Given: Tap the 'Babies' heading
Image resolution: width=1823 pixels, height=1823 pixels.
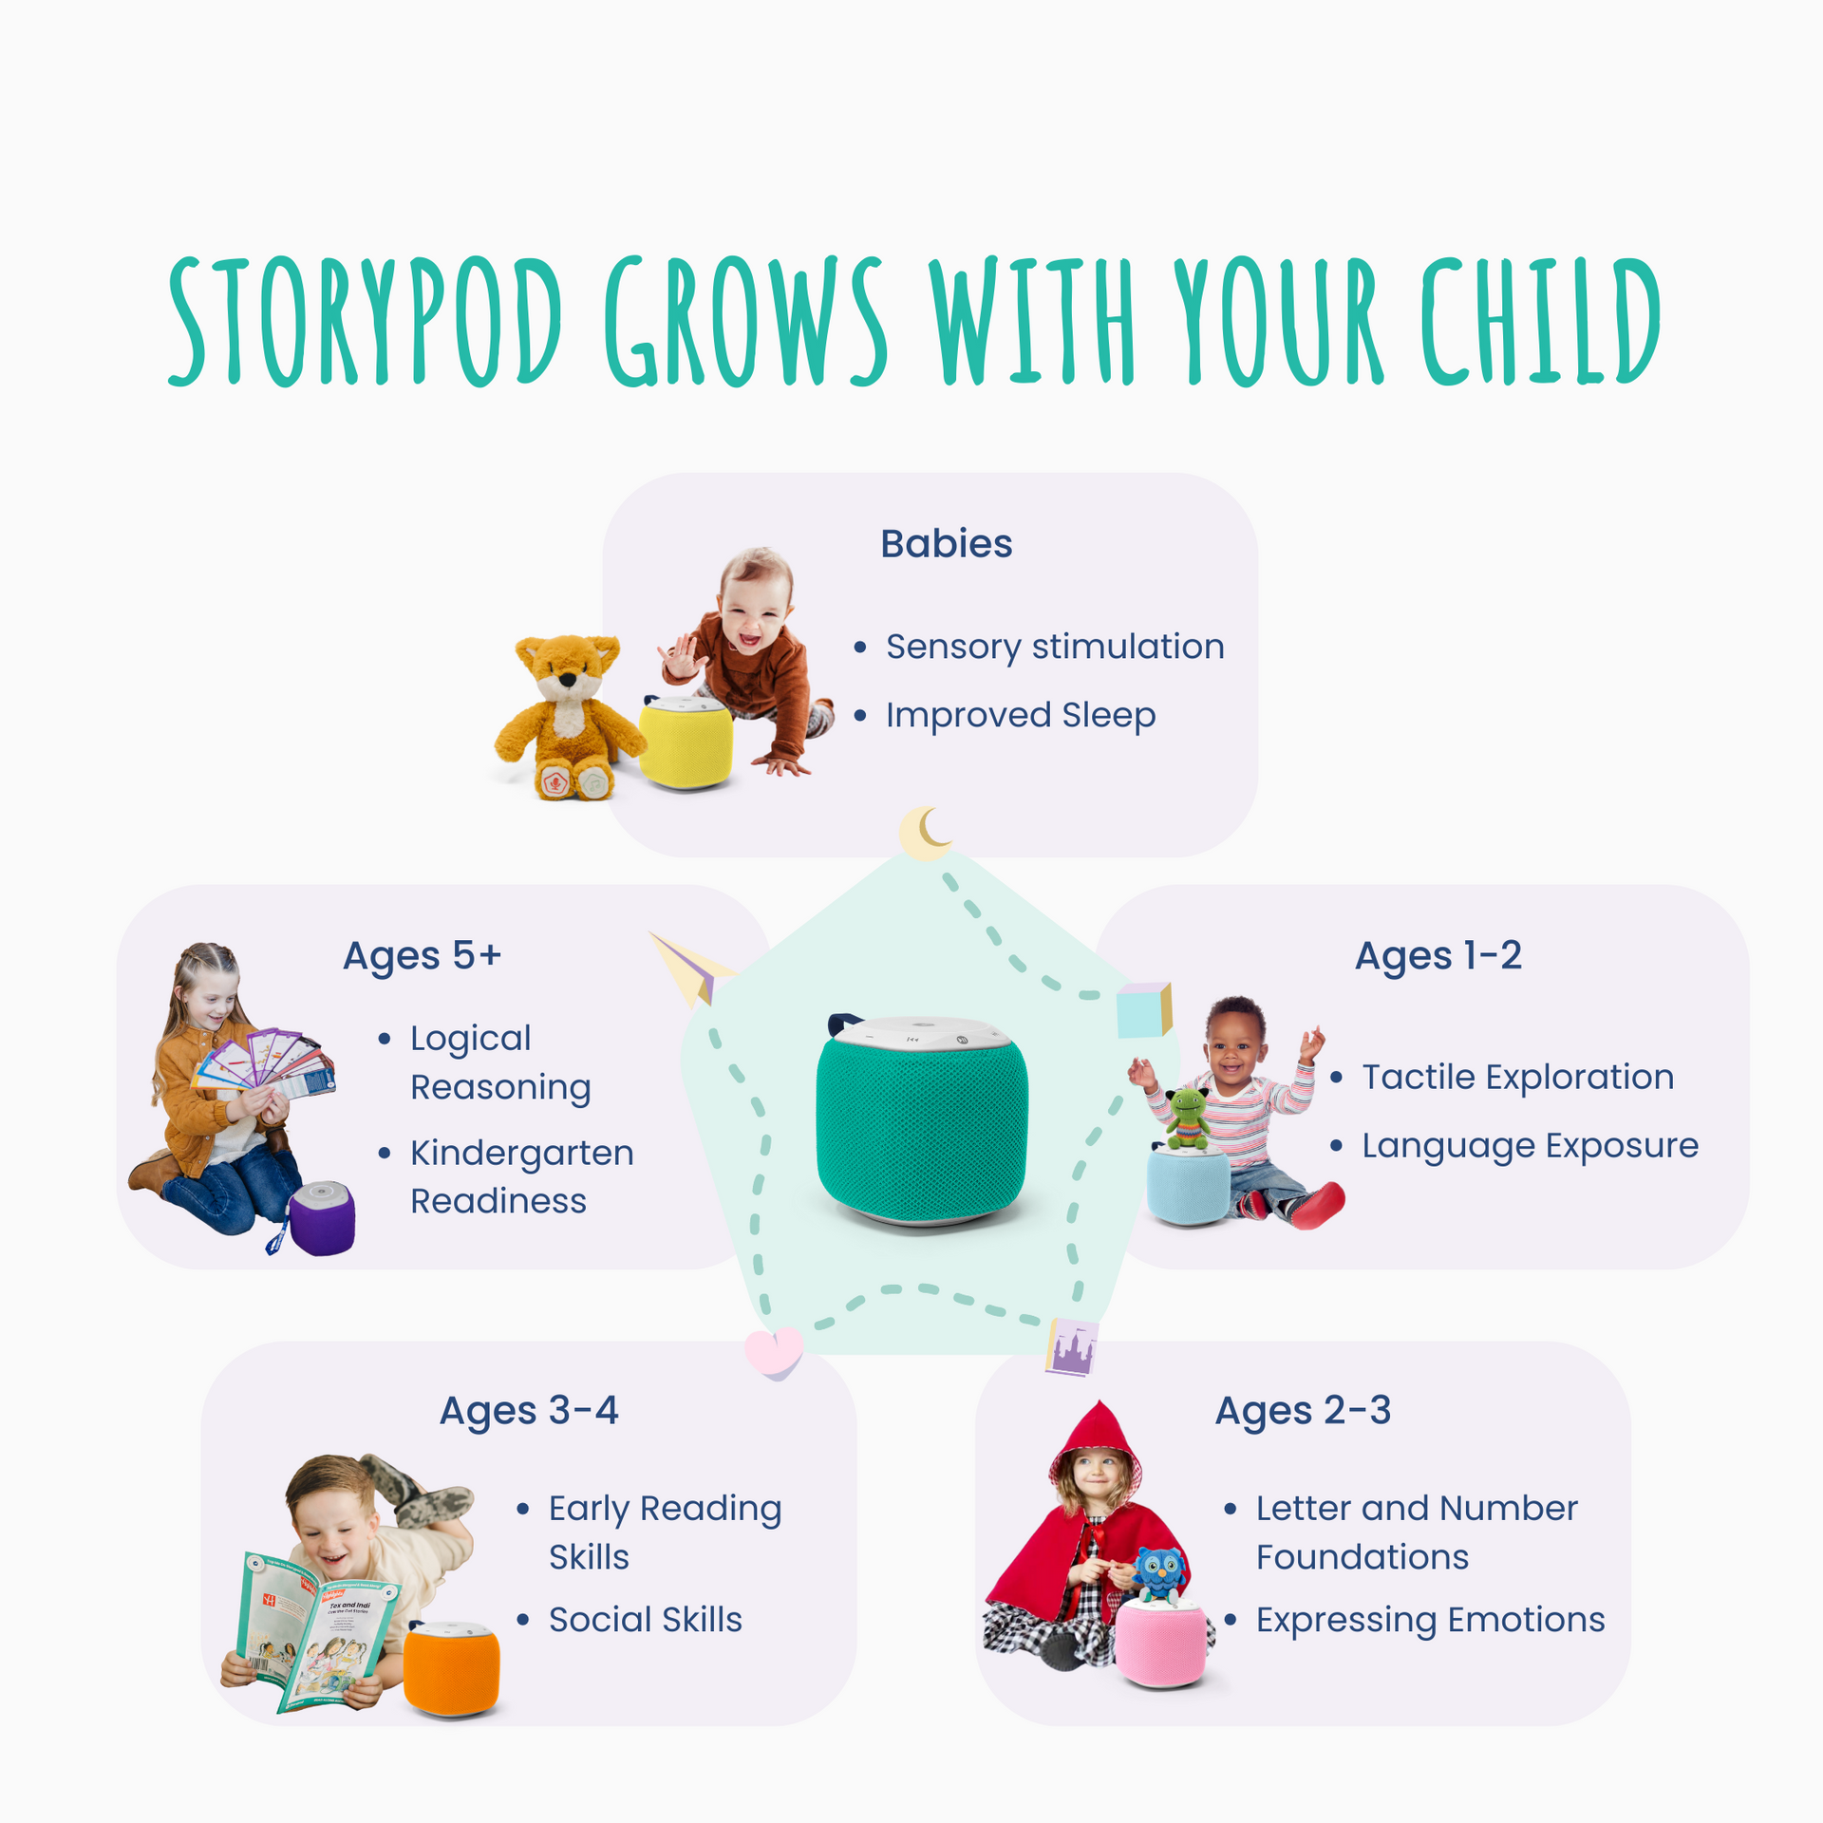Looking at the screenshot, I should pos(946,544).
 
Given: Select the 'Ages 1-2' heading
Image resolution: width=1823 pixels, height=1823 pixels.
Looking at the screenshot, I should pos(1438,955).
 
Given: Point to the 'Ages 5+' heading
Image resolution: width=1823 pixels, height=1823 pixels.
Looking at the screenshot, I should pos(422,955).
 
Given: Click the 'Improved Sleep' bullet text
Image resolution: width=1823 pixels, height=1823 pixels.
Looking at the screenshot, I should pos(1020,715).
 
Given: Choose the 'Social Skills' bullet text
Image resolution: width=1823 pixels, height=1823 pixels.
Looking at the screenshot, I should pos(645,1619).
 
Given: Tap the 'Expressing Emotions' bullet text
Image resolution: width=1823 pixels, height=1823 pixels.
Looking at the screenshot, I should pos(1430,1619).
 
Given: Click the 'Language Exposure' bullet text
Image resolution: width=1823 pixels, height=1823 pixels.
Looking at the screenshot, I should pos(1530,1145).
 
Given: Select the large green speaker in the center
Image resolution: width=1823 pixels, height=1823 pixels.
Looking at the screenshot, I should pos(921,1120).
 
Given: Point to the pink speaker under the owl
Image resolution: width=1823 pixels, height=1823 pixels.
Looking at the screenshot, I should pos(1160,1644).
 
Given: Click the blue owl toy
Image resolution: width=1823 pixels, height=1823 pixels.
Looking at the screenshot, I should pos(1159,1575).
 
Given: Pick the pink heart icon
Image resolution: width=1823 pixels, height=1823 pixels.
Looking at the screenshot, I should pos(774,1352).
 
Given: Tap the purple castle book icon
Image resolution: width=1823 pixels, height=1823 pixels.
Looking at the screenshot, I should pos(1072,1347).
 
